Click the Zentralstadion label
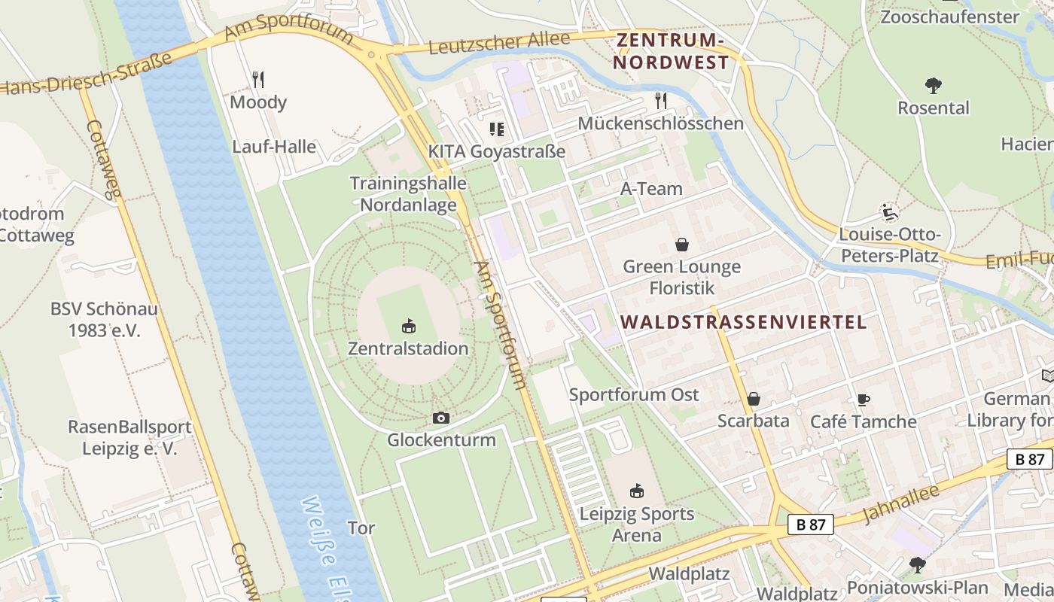coord(408,348)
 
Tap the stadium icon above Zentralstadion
coord(408,327)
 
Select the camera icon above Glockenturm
coord(441,418)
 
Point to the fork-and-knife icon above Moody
coord(258,79)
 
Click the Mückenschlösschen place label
coord(660,123)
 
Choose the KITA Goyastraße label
coord(496,151)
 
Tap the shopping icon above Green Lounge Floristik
coord(682,245)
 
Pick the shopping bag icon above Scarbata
coord(753,399)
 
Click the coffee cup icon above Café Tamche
coord(863,400)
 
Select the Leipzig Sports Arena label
coord(637,524)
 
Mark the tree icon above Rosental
coord(934,86)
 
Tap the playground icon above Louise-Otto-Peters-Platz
coord(889,212)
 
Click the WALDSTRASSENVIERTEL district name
coord(743,323)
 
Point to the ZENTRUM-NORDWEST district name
coord(671,51)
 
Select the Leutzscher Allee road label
coord(500,44)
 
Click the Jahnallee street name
coord(900,503)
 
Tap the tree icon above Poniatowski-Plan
coord(917,564)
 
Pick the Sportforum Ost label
coord(634,394)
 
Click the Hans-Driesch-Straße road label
coord(87,74)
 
